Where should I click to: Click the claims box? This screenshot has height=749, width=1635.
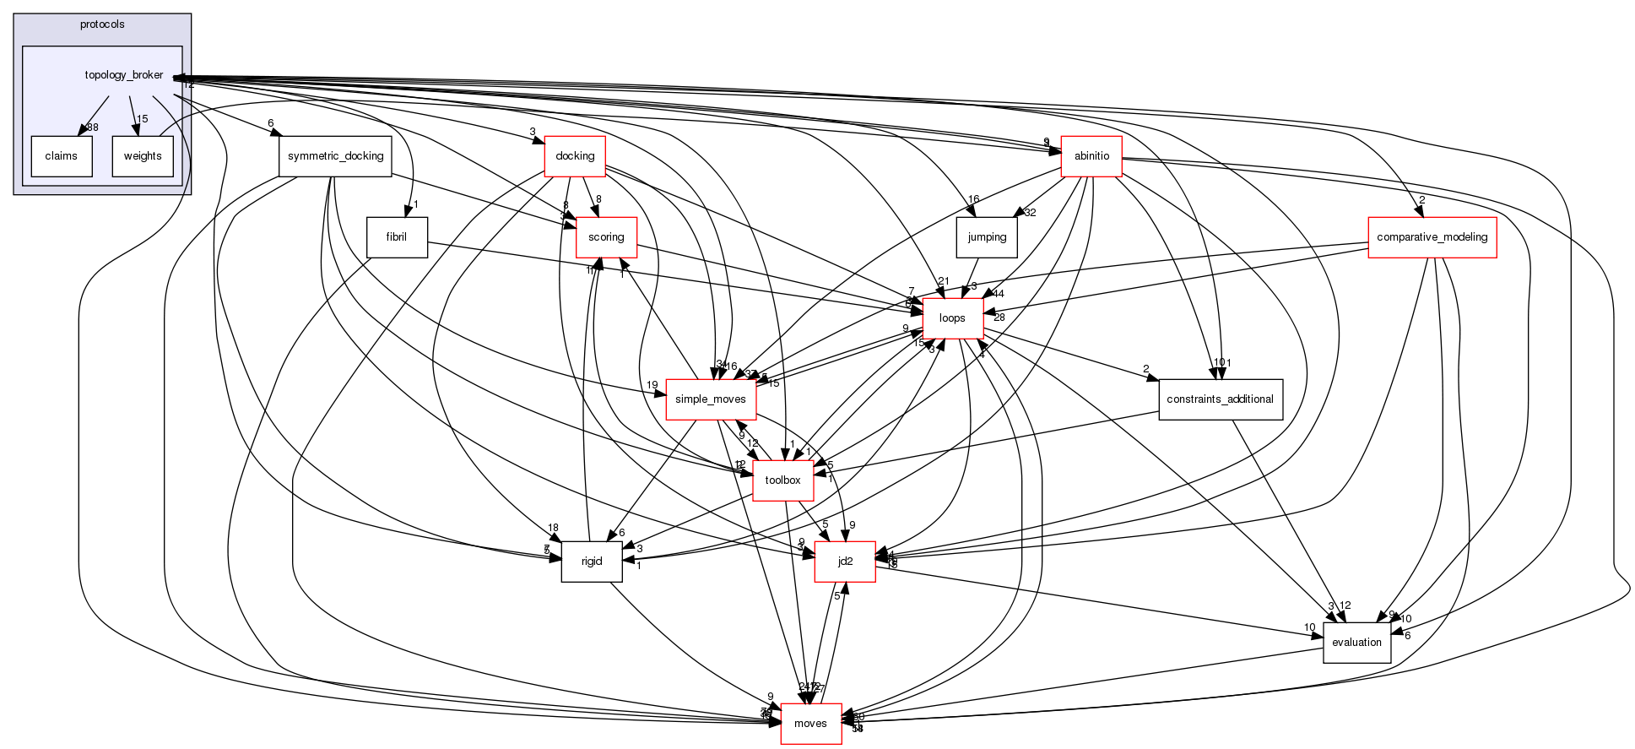coord(61,156)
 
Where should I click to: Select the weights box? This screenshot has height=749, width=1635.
coord(143,156)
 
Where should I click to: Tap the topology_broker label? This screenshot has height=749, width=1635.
coord(123,75)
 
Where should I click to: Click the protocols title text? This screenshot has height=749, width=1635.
coord(102,24)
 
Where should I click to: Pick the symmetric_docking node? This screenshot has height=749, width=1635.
coord(335,156)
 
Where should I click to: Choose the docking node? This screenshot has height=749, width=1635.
coord(575,156)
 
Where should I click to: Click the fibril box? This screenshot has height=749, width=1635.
coord(397,237)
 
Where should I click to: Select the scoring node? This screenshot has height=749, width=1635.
coord(605,237)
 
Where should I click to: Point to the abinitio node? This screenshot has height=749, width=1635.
coord(1091,156)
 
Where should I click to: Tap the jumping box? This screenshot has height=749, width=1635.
coord(987,237)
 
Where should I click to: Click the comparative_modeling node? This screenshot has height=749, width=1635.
coord(1432,237)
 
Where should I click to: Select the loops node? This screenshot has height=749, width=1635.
coord(953,318)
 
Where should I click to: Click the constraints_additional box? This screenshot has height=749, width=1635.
coord(1220,399)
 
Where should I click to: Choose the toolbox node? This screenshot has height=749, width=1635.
coord(782,480)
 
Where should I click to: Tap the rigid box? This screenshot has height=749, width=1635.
coord(592,562)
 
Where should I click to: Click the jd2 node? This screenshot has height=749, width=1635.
coord(844,562)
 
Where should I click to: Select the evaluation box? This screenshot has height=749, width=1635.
coord(1356,643)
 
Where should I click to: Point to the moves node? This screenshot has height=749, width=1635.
coord(810,724)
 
